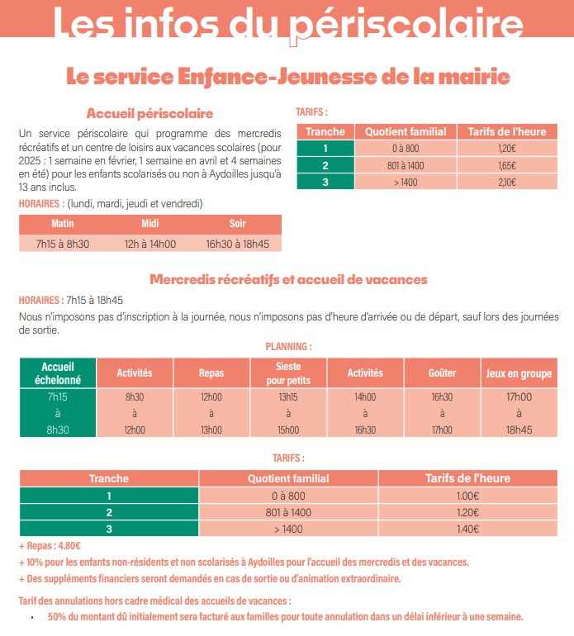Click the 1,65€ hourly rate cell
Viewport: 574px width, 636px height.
507,165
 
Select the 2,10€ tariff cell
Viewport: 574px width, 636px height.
507,182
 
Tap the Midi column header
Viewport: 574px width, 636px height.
150,224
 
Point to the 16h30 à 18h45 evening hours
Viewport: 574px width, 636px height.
237,244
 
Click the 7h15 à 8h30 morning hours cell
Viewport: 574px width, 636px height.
63,244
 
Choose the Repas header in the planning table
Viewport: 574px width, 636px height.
211,373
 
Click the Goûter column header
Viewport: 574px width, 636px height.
442,373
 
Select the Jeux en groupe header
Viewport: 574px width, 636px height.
519,373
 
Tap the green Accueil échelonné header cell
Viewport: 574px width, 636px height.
58,373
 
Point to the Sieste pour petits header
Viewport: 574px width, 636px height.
288,373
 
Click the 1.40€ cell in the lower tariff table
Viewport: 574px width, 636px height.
467,529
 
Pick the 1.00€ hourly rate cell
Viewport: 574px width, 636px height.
467,496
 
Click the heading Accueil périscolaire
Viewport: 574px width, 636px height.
149,114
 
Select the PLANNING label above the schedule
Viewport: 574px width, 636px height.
288,347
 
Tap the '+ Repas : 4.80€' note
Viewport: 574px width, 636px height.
50,546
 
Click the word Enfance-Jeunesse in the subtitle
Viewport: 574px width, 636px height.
278,77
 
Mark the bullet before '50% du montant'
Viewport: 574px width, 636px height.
32,618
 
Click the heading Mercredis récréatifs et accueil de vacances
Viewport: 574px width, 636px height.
288,279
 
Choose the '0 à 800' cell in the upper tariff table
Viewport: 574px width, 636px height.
406,149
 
